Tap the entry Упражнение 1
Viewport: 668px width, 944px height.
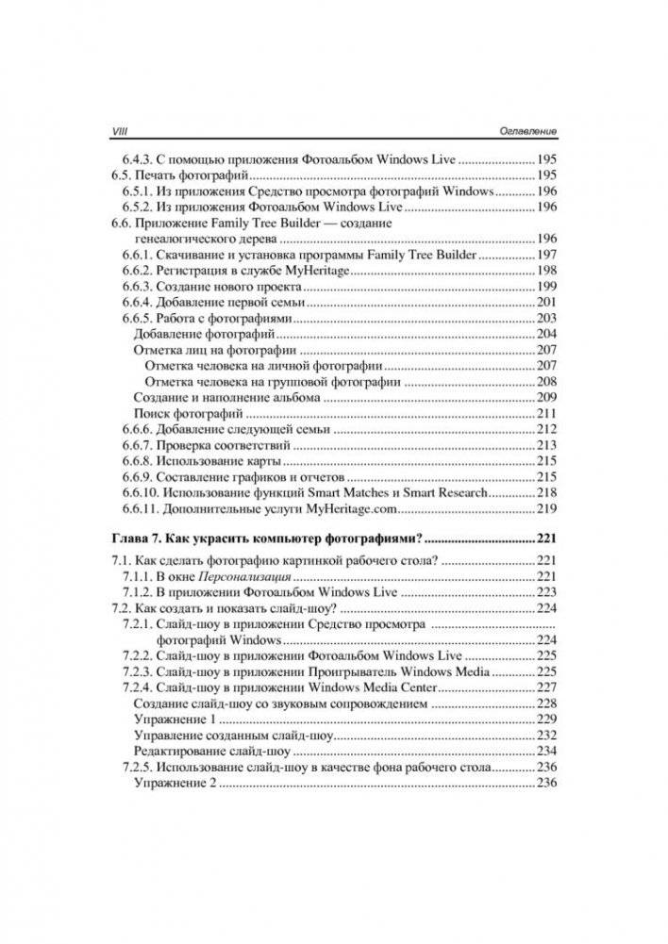point(175,720)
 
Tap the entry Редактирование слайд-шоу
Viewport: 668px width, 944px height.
point(211,752)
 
